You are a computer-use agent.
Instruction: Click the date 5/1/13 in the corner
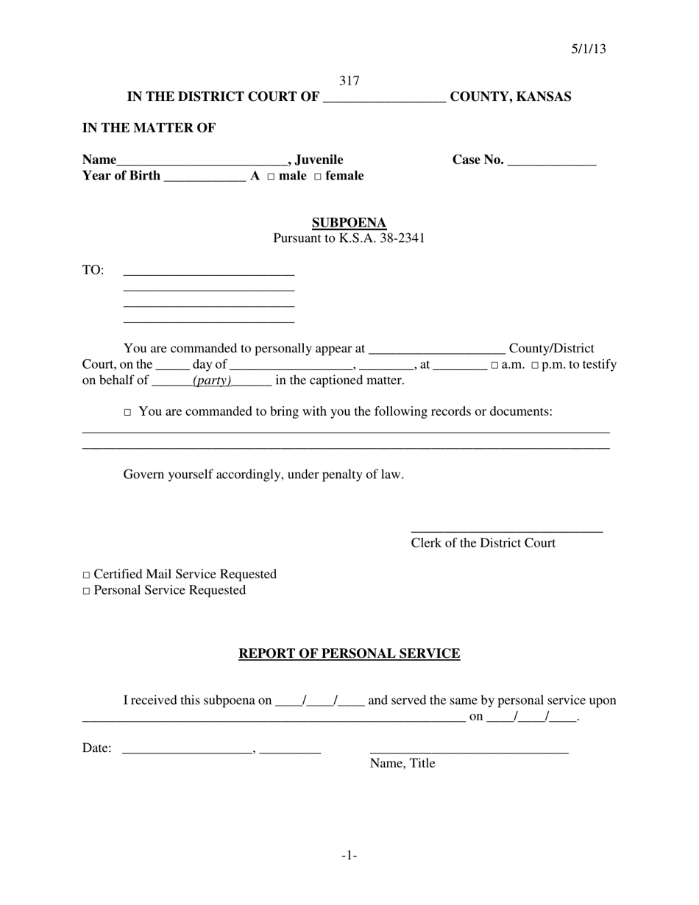(x=589, y=49)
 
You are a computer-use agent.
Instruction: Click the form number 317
(x=349, y=81)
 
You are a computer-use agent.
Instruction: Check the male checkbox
(x=271, y=177)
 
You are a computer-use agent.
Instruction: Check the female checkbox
(x=318, y=177)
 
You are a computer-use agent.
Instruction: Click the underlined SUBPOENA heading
(x=349, y=223)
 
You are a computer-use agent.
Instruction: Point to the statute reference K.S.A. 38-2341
(x=381, y=238)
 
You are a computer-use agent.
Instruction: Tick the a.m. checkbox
(x=494, y=366)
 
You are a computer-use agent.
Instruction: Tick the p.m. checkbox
(x=535, y=366)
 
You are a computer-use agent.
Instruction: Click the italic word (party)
(x=212, y=380)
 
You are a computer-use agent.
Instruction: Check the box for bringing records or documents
(x=127, y=413)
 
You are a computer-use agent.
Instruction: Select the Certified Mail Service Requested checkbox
(x=86, y=575)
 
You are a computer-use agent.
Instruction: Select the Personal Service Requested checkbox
(x=86, y=592)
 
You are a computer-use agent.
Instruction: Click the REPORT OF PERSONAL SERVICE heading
(x=349, y=653)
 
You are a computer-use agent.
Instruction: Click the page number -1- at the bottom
(x=349, y=855)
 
